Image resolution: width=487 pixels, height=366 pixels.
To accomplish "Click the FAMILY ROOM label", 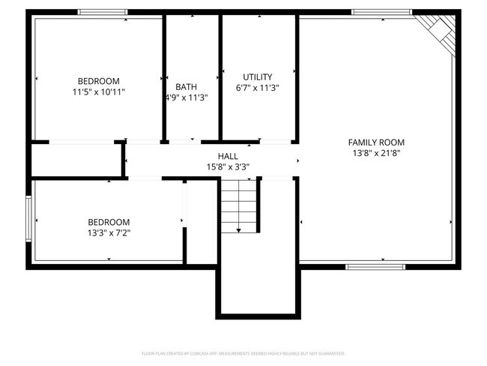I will coord(376,142).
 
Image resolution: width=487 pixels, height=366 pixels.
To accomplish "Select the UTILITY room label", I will coord(258,76).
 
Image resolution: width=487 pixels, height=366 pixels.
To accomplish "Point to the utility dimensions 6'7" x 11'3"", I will coord(258,87).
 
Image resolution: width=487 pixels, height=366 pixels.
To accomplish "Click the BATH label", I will coord(187,86).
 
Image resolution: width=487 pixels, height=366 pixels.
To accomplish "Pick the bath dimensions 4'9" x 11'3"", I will coord(187,97).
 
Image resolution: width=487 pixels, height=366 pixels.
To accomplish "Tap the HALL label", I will coord(228,156).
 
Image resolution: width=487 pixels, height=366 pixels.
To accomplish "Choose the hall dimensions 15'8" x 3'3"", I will coord(228,166).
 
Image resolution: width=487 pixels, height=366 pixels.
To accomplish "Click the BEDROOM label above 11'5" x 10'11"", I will coord(99,81).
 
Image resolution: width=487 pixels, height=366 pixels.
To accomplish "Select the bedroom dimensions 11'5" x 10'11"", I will coord(99,91).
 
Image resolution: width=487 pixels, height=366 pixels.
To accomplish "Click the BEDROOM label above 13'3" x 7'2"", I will coord(109,222).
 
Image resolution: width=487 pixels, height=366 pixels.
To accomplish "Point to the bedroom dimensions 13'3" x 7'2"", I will coord(109,232).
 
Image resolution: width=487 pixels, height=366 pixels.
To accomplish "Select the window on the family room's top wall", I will coord(382,12).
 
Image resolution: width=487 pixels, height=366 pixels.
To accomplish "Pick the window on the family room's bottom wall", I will coord(375,266).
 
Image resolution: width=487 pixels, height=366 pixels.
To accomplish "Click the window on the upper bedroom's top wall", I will coord(103,12).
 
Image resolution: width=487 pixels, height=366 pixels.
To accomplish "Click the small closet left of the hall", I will coord(76,160).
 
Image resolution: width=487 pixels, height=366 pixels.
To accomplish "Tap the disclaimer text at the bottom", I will coord(243,352).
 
